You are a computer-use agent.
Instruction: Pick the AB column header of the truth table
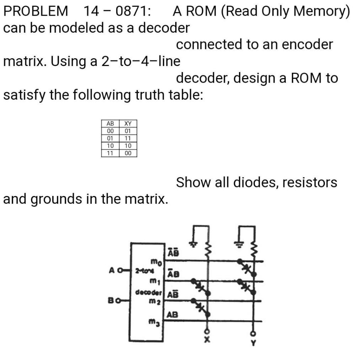click(110, 124)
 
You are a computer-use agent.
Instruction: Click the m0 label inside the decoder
click(156, 263)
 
